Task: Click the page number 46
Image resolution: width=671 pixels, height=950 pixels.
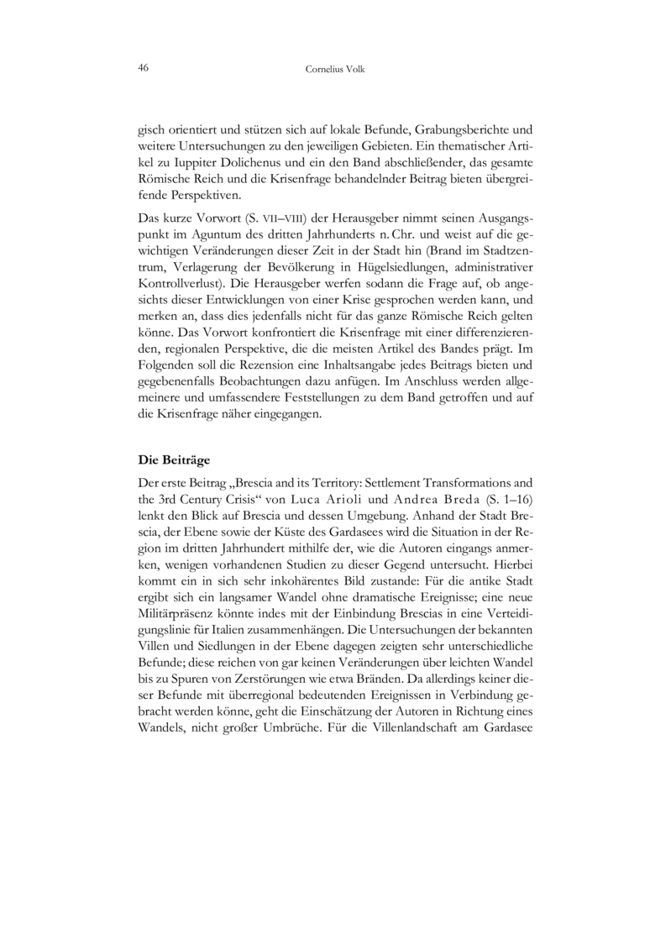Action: tap(143, 68)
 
